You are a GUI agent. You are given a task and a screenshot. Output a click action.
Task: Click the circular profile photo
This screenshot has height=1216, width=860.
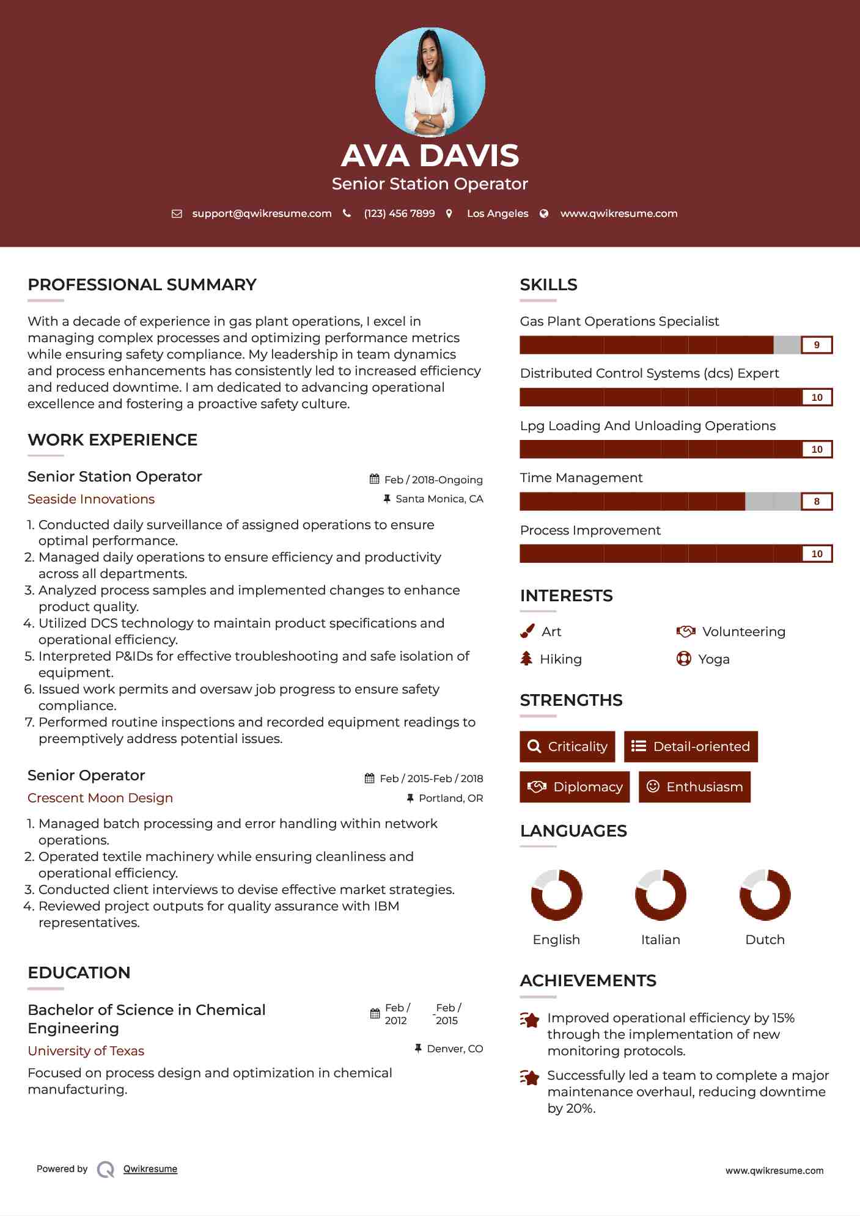pyautogui.click(x=430, y=82)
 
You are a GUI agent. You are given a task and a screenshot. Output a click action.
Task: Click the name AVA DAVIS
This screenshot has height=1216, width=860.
pyautogui.click(x=430, y=155)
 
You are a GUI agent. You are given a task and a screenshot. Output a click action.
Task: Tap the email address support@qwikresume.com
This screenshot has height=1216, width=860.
pyautogui.click(x=262, y=213)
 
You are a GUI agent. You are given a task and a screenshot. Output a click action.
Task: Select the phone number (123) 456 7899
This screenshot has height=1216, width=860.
pyautogui.click(x=399, y=213)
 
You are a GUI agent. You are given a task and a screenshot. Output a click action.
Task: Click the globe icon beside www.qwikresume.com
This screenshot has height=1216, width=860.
pyautogui.click(x=544, y=213)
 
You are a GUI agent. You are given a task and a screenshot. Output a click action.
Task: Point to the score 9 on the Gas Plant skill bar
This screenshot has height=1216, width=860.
pyautogui.click(x=817, y=345)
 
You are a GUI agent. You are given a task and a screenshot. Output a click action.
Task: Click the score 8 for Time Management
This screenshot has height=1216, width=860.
pyautogui.click(x=817, y=502)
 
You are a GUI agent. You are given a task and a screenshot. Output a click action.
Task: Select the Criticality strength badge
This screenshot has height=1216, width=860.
pyautogui.click(x=567, y=747)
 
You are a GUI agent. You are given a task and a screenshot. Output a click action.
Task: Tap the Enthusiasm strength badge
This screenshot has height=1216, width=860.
pyautogui.click(x=694, y=787)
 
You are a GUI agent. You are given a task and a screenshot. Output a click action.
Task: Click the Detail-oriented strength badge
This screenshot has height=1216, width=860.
pyautogui.click(x=691, y=747)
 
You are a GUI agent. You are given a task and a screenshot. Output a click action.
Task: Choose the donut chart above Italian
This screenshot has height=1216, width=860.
pyautogui.click(x=661, y=895)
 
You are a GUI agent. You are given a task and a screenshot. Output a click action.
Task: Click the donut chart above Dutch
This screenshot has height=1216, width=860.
pyautogui.click(x=765, y=895)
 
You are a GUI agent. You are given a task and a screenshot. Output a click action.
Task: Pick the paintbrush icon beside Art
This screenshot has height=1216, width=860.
pyautogui.click(x=527, y=631)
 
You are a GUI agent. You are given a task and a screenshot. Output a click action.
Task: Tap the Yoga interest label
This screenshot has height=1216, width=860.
pyautogui.click(x=714, y=659)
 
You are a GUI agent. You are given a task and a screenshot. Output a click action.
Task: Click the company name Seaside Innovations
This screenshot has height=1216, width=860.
pyautogui.click(x=91, y=499)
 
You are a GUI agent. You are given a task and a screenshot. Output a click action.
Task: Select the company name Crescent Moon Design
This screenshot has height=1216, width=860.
pyautogui.click(x=100, y=798)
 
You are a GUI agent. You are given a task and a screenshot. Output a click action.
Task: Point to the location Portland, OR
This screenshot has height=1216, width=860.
pyautogui.click(x=450, y=798)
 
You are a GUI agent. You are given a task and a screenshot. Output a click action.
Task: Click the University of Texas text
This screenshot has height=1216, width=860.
pyautogui.click(x=86, y=1051)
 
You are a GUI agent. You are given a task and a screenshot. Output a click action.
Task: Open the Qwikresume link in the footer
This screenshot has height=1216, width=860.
pyautogui.click(x=150, y=1169)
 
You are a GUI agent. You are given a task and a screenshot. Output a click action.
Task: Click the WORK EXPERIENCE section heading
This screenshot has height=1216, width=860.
pyautogui.click(x=112, y=440)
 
